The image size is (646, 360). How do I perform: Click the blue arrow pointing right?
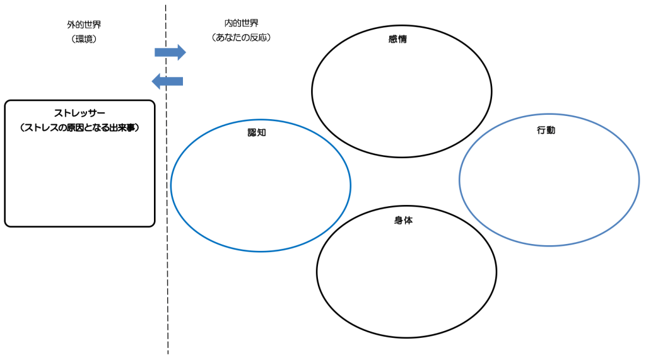(170, 52)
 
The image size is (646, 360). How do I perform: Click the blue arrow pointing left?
(168, 81)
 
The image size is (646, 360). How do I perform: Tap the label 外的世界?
(84, 25)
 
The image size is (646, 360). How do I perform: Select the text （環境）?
(84, 39)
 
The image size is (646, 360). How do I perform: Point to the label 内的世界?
(242, 23)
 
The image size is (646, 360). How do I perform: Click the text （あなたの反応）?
(242, 37)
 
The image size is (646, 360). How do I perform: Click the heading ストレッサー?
(79, 113)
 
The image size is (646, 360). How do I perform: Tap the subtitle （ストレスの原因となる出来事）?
(79, 128)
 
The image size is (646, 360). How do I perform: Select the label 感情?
(398, 39)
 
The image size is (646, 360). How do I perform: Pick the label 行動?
(546, 131)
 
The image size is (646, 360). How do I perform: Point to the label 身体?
(403, 221)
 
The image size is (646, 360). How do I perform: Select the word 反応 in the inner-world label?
(255, 37)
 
